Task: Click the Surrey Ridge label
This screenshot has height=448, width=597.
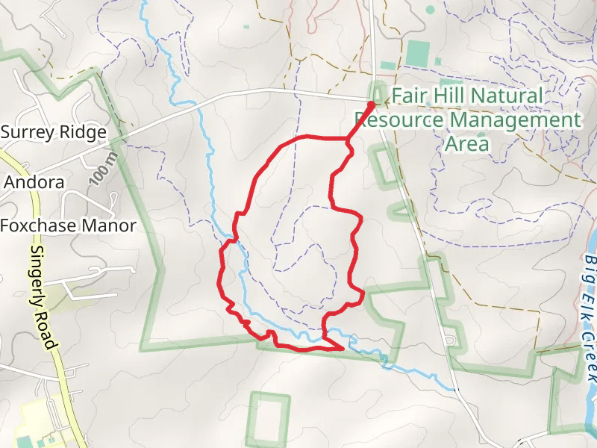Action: pyautogui.click(x=53, y=132)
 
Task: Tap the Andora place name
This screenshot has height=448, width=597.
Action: pyautogui.click(x=34, y=182)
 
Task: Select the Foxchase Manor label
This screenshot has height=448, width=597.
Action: pyautogui.click(x=68, y=225)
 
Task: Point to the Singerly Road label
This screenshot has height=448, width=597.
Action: pyautogui.click(x=43, y=299)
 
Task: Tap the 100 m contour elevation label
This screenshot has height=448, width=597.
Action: pyautogui.click(x=102, y=171)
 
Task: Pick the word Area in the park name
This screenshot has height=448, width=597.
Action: pyautogui.click(x=466, y=144)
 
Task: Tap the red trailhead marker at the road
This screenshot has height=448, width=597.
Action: pyautogui.click(x=371, y=105)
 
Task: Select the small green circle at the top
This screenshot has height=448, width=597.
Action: pyautogui.click(x=430, y=10)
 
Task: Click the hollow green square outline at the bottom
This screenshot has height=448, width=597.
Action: pyautogui.click(x=268, y=419)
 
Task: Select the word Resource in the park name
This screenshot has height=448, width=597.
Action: pyautogui.click(x=394, y=120)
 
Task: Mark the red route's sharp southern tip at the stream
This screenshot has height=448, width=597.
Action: pyautogui.click(x=343, y=348)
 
